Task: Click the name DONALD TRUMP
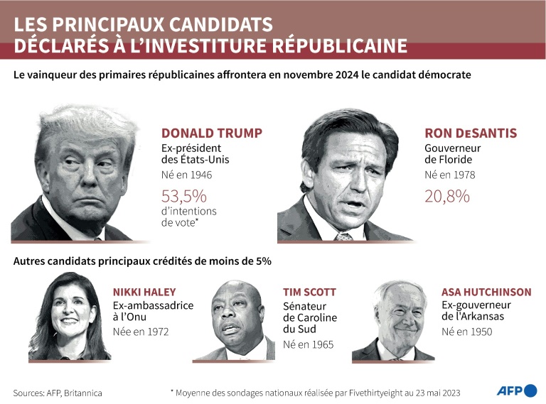(212, 133)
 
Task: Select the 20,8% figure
(447, 196)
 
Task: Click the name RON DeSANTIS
(471, 133)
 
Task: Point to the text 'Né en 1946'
(187, 175)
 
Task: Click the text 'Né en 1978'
(450, 175)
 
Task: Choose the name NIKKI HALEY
(144, 292)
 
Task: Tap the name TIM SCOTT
(309, 292)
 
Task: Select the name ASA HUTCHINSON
(486, 292)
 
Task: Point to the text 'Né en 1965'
(308, 345)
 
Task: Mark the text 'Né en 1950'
(466, 331)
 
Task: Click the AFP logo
(517, 391)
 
